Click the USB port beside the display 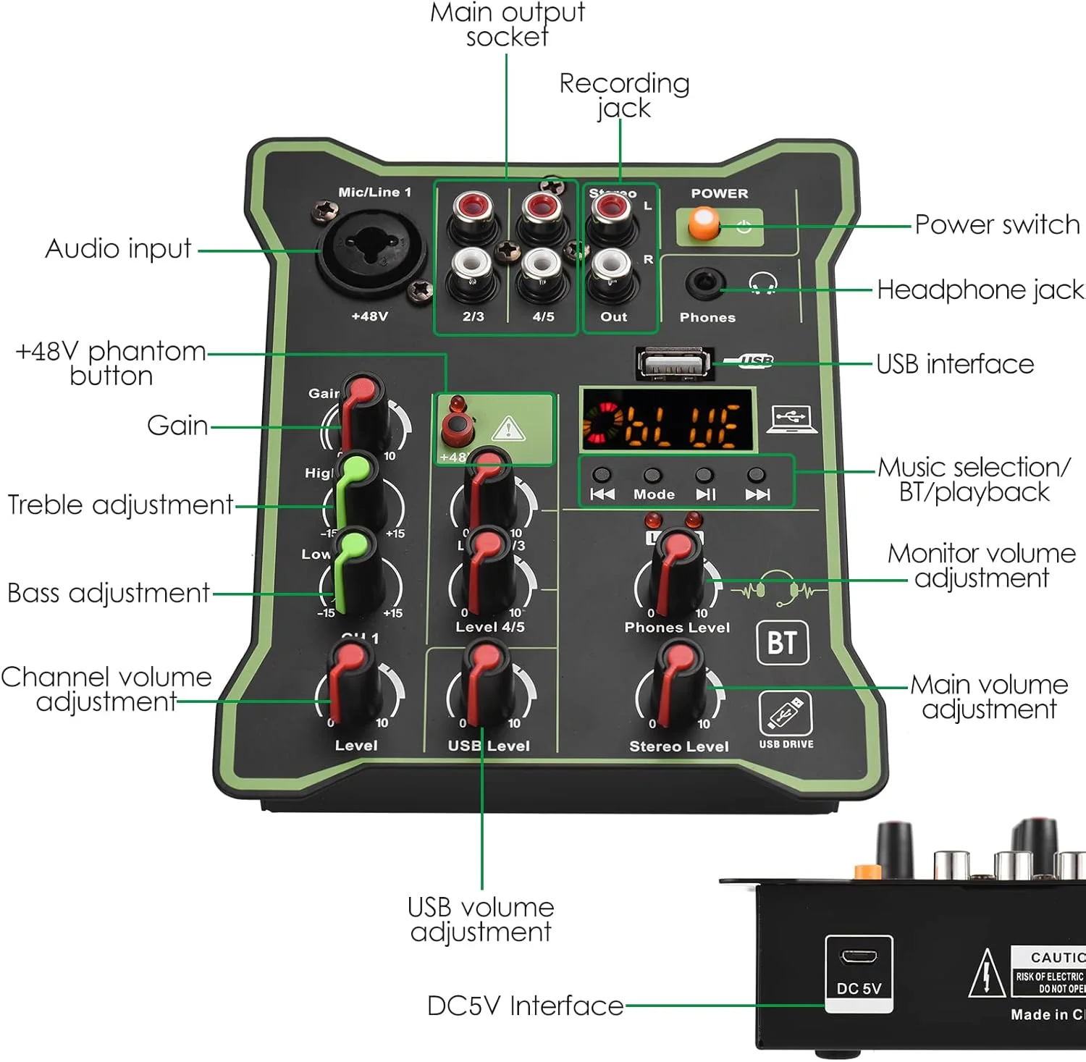[x=673, y=363]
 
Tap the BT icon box [x=782, y=642]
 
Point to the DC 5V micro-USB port [x=858, y=957]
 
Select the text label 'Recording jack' [x=624, y=95]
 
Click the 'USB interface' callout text [x=955, y=364]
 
